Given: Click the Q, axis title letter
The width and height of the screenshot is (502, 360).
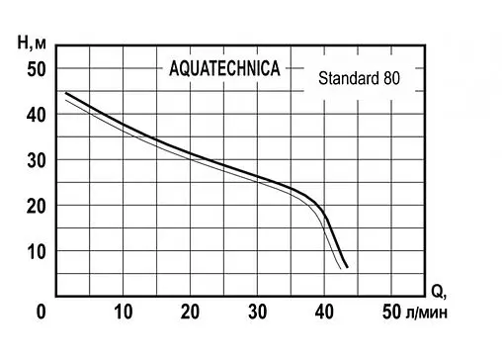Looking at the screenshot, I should (x=438, y=292).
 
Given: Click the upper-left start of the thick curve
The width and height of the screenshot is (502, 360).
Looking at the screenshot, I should (x=66, y=93).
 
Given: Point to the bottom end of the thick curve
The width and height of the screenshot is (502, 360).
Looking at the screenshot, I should (x=347, y=267).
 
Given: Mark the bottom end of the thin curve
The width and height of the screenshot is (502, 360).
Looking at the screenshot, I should (x=342, y=268).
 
